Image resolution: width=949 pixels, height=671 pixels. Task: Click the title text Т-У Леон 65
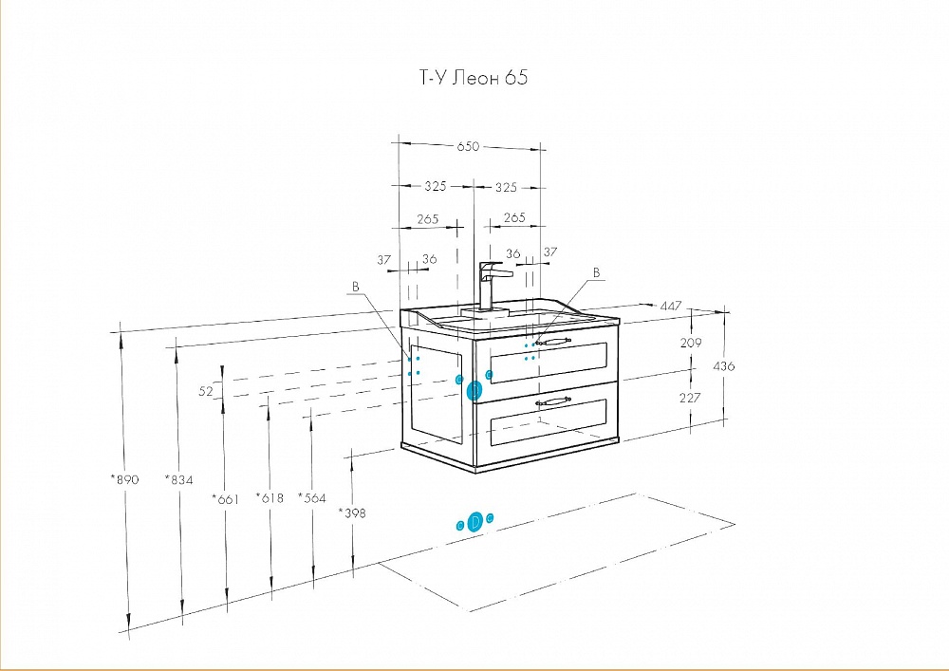474,78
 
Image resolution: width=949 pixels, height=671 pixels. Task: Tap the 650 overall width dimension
468,146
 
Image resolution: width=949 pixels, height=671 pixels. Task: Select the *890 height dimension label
124,479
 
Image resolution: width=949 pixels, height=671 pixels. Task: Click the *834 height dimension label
179,480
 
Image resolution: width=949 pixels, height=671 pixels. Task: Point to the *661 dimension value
225,499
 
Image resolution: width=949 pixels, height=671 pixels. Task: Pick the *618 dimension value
270,498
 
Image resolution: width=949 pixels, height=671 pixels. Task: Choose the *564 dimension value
311,498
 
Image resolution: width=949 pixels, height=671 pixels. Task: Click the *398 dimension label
352,513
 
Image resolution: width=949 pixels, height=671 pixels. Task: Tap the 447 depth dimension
671,307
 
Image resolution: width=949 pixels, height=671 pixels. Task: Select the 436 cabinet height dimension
724,366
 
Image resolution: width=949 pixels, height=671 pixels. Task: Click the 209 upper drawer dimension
691,343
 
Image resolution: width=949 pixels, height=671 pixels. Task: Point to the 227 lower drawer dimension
690,398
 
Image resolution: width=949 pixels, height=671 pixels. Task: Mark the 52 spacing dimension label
206,391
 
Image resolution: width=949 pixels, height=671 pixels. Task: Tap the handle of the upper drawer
553,343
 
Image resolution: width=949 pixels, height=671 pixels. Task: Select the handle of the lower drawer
552,401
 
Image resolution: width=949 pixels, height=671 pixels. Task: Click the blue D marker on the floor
475,522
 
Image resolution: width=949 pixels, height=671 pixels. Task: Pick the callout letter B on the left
356,287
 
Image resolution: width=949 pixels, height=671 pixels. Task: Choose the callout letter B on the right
596,273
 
